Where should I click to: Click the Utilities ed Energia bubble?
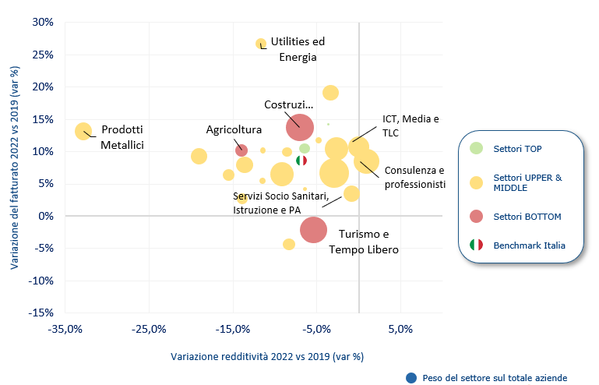pyautogui.click(x=261, y=44)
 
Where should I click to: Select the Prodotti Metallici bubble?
pyautogui.click(x=83, y=131)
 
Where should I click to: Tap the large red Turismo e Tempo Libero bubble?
pyautogui.click(x=313, y=229)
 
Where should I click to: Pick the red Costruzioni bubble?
pyautogui.click(x=299, y=126)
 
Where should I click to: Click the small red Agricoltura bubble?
pyautogui.click(x=241, y=150)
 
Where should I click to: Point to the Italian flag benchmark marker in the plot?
pyautogui.click(x=301, y=161)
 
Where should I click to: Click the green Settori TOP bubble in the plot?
pyautogui.click(x=305, y=148)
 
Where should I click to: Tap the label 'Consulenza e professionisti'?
pyautogui.click(x=414, y=177)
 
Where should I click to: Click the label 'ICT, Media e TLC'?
pyautogui.click(x=410, y=126)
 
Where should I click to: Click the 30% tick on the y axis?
pyautogui.click(x=42, y=22)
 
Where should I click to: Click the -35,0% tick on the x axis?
pyautogui.click(x=65, y=328)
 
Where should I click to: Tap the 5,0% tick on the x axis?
pyautogui.click(x=400, y=328)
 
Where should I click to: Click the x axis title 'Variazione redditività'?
pyautogui.click(x=267, y=357)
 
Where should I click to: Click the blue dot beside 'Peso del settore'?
pyautogui.click(x=411, y=377)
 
